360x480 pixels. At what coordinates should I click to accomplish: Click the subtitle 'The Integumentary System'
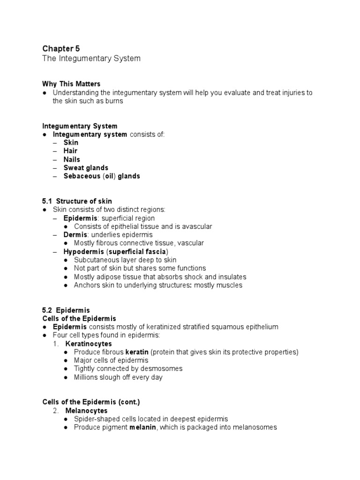[91, 59]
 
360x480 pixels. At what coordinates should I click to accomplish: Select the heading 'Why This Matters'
[71, 84]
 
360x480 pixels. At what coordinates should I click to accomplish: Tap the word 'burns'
[113, 101]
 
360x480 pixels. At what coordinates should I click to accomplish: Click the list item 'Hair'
[71, 151]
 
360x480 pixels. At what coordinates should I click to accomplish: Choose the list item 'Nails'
[72, 159]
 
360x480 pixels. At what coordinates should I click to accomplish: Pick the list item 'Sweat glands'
[86, 168]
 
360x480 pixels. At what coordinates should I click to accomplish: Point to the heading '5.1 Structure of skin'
[77, 202]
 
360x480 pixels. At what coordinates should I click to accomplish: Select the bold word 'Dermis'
[75, 235]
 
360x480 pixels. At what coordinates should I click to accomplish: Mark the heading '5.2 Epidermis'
[66, 310]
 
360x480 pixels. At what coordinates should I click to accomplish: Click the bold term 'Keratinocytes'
[89, 344]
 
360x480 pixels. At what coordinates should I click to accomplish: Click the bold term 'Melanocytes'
[86, 411]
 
